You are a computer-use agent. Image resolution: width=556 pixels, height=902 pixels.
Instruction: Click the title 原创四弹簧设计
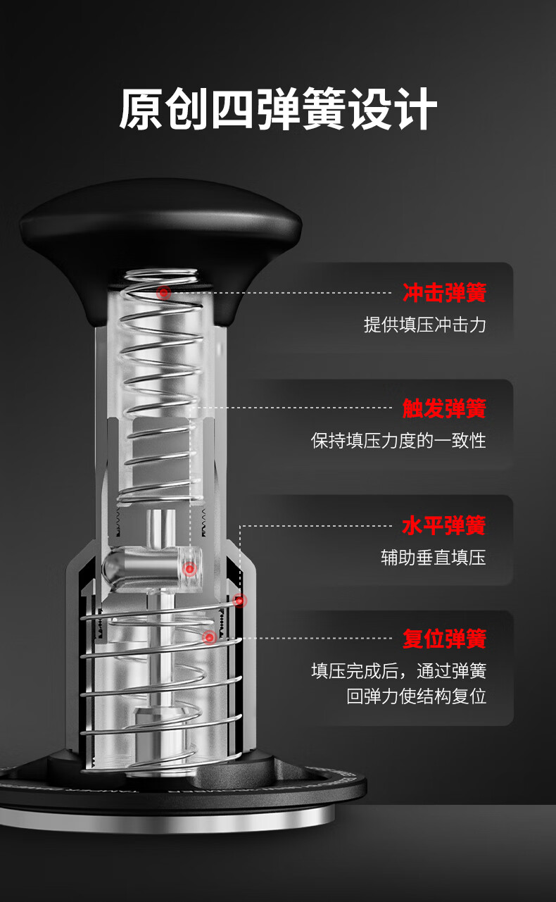278,108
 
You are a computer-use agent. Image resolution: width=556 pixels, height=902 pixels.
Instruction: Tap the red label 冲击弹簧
445,293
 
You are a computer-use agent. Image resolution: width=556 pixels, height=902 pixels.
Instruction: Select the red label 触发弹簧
445,408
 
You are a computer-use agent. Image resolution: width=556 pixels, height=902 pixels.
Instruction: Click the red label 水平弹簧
445,525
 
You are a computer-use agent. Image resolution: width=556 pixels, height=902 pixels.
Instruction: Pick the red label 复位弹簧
445,639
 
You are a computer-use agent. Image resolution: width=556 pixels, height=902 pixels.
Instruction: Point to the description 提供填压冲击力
425,325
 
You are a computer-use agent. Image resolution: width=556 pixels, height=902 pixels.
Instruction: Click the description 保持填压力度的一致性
398,441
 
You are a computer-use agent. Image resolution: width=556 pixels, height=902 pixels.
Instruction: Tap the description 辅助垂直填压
434,558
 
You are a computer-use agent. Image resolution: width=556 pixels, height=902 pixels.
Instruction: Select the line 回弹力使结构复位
417,696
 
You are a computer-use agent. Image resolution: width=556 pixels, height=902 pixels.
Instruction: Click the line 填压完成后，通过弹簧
399,671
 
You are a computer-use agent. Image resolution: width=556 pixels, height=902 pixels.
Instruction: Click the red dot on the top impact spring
164,293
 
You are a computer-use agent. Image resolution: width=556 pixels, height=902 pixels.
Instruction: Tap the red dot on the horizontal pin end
189,569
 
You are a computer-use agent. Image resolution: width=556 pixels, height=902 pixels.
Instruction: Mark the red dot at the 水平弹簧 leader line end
240,601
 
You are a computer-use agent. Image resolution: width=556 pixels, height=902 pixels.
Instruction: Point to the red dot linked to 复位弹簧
209,637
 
